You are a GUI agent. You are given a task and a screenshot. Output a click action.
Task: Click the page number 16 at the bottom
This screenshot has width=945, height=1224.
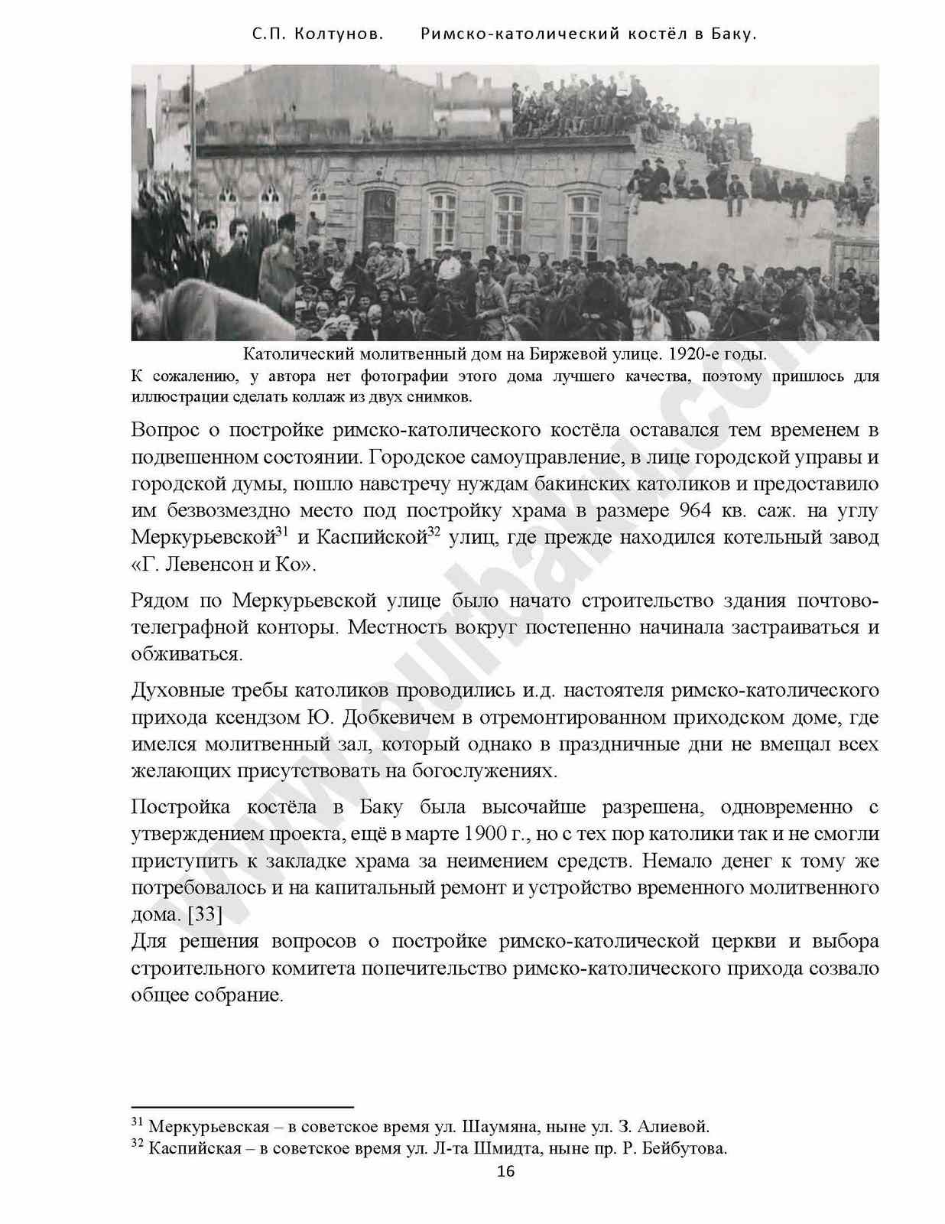pyautogui.click(x=505, y=1171)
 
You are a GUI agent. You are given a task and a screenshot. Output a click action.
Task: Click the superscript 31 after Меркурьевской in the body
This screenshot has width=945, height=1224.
pyautogui.click(x=281, y=532)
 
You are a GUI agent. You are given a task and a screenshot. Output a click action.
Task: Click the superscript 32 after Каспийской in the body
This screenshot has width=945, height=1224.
pyautogui.click(x=434, y=532)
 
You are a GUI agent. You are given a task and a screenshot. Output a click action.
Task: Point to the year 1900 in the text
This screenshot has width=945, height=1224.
pyautogui.click(x=485, y=834)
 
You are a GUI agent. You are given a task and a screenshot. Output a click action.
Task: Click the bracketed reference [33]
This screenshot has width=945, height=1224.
pyautogui.click(x=205, y=914)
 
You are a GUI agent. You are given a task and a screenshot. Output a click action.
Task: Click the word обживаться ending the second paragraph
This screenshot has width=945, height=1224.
pyautogui.click(x=187, y=655)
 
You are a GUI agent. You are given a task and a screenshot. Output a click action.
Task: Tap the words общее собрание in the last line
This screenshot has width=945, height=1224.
pyautogui.click(x=206, y=995)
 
